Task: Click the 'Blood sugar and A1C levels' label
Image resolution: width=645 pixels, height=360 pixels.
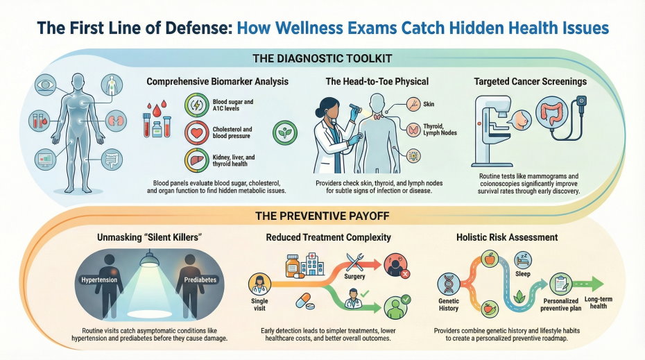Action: click(233, 106)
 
